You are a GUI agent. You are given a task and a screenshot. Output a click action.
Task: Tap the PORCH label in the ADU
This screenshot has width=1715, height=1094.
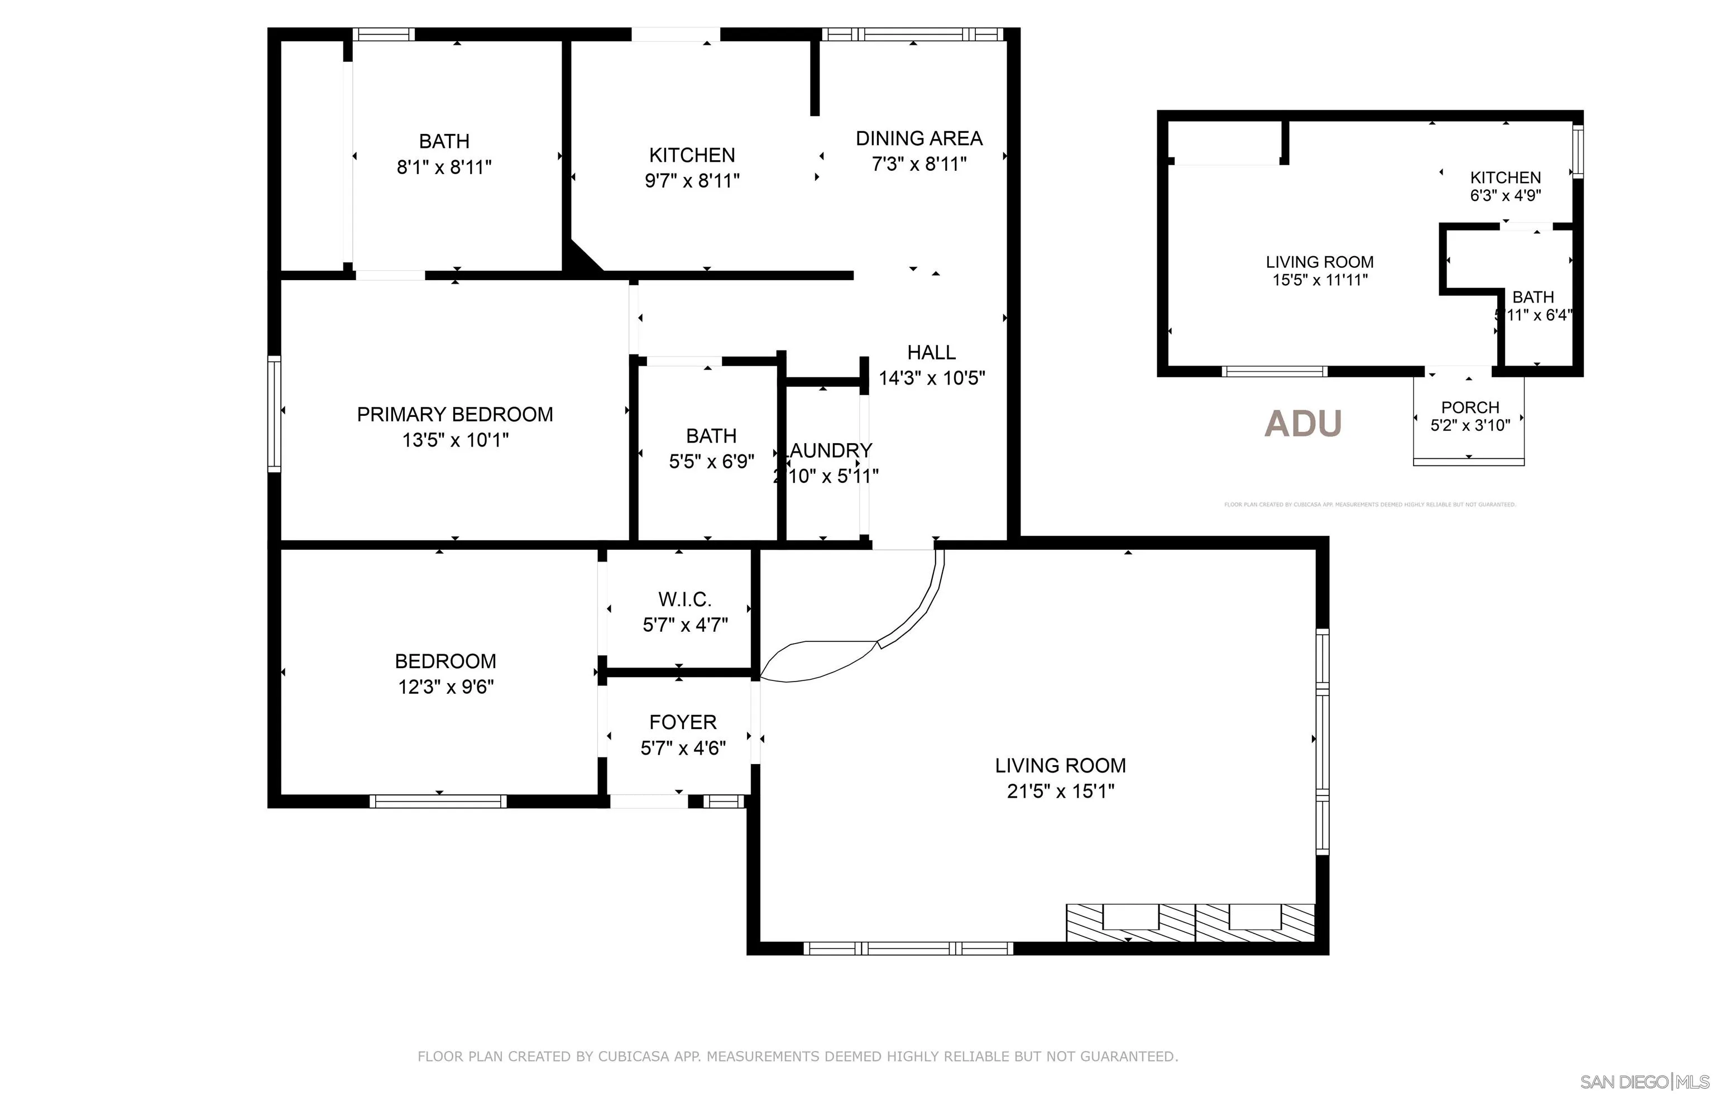point(1470,407)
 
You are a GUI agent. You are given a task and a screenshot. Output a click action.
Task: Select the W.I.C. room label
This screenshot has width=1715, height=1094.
point(684,599)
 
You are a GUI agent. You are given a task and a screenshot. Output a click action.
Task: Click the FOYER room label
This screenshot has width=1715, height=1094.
point(682,722)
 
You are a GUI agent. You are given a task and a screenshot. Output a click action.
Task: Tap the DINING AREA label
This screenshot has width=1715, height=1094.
point(919,138)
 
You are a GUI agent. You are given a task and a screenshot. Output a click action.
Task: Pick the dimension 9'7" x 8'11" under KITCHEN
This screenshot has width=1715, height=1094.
point(692,180)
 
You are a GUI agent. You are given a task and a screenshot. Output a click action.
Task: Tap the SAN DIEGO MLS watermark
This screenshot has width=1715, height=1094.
point(1644,1082)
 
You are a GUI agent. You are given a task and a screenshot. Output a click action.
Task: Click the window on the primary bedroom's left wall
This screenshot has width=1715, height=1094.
point(274,414)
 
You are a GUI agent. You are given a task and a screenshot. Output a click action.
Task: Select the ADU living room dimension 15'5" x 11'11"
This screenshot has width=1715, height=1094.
point(1320,280)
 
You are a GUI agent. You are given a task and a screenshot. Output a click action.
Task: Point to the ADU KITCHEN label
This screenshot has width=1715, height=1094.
point(1505,177)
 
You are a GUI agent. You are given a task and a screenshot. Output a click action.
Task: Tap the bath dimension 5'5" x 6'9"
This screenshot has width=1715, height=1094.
point(711,462)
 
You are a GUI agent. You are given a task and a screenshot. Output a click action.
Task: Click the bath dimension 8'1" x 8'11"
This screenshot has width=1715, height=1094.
point(444,167)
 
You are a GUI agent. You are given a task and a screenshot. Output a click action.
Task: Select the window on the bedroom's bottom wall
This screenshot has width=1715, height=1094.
point(438,802)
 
